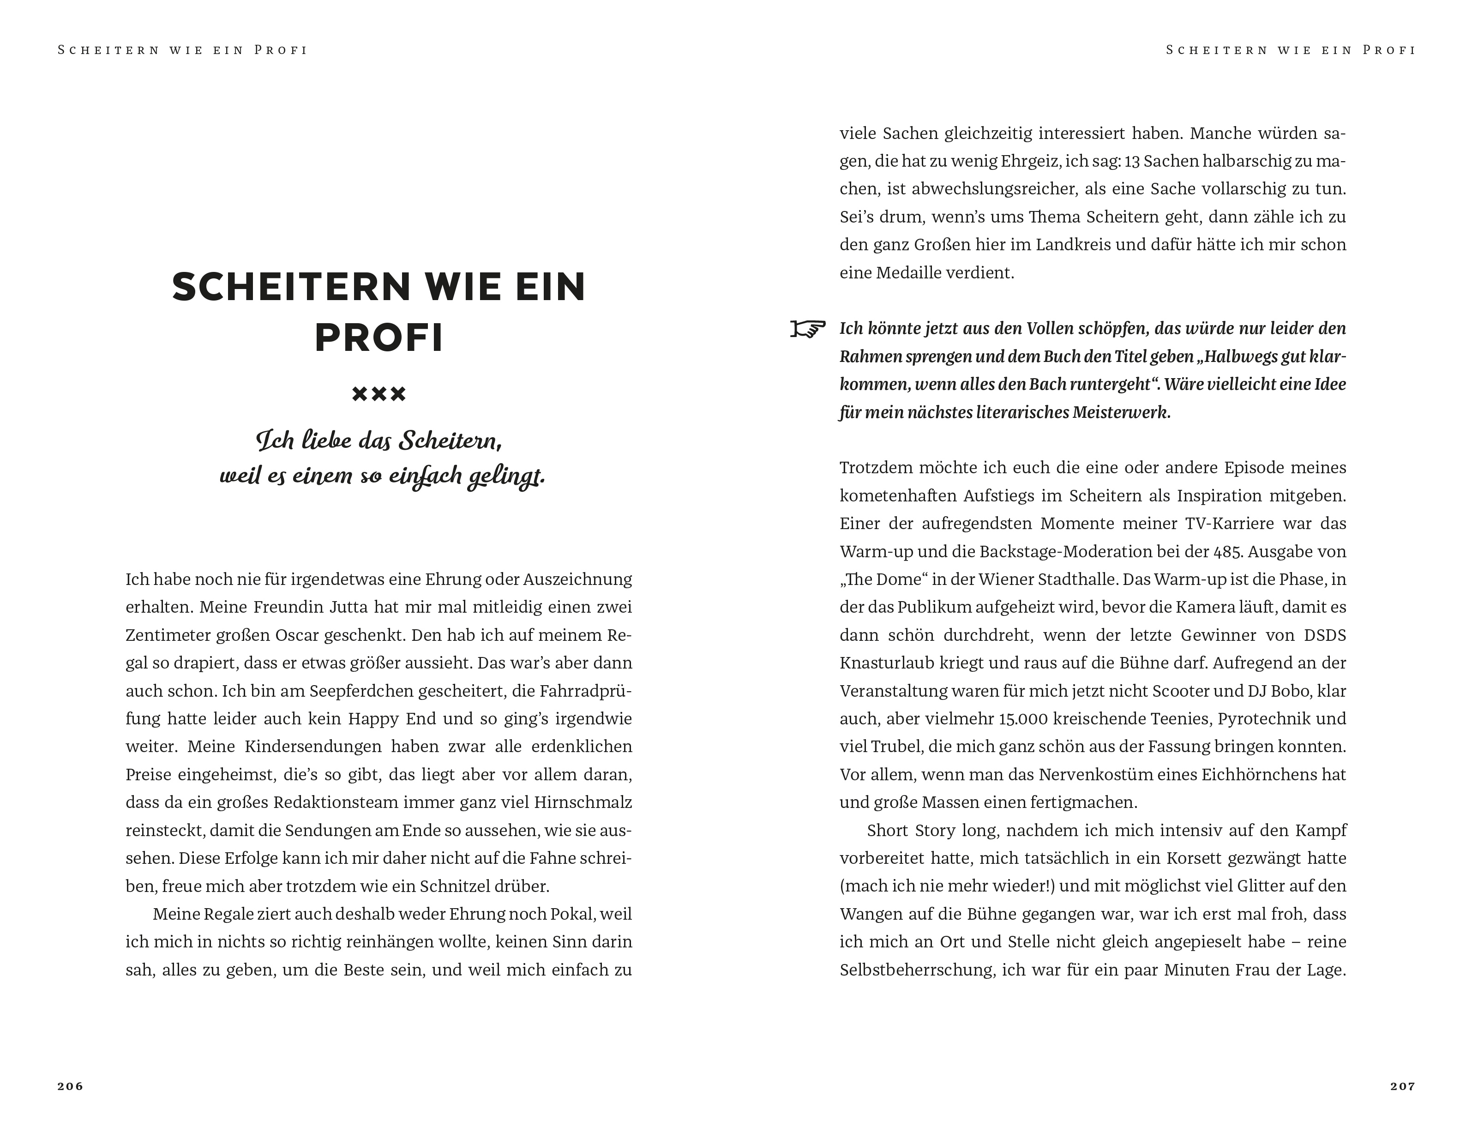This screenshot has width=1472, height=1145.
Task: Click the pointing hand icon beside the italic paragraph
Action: point(807,329)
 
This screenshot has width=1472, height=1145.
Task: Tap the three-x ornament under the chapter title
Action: point(379,394)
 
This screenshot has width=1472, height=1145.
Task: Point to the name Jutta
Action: point(348,607)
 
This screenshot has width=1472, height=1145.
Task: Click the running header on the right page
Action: point(1290,50)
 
